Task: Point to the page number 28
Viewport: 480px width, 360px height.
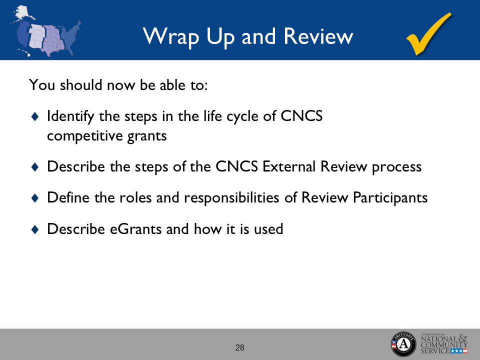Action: [240, 347]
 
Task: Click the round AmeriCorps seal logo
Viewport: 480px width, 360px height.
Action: [403, 344]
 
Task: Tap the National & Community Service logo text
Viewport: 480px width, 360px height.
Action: [444, 344]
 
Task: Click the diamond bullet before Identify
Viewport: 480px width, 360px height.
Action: [34, 116]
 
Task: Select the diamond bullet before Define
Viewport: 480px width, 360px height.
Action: [34, 198]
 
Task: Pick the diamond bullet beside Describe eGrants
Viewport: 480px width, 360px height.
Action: [34, 229]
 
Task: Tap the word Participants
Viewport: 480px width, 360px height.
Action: [390, 198]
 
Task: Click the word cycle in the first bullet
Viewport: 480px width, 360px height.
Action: [237, 116]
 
